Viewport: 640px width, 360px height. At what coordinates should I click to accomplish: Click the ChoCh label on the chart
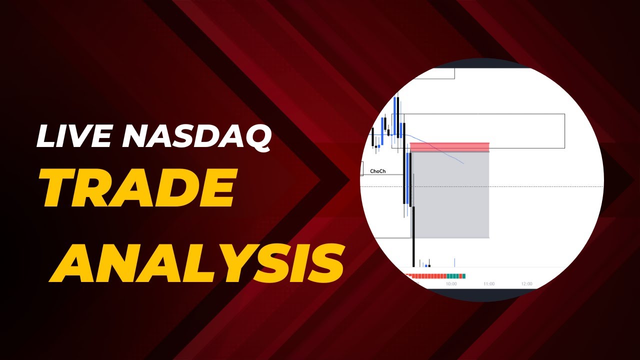click(378, 171)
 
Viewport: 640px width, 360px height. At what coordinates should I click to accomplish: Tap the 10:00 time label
click(451, 283)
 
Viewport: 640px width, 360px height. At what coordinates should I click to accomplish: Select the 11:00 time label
click(489, 283)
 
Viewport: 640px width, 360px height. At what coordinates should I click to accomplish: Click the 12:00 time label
click(526, 283)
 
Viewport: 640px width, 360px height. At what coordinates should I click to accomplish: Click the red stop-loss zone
click(449, 146)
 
